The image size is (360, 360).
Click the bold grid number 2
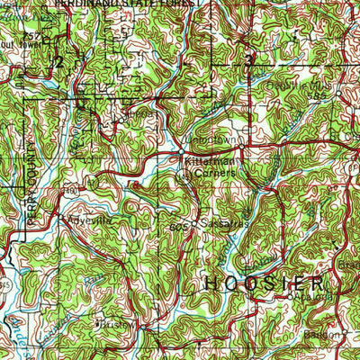pos(58,61)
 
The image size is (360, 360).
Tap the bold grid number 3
pos(248,60)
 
